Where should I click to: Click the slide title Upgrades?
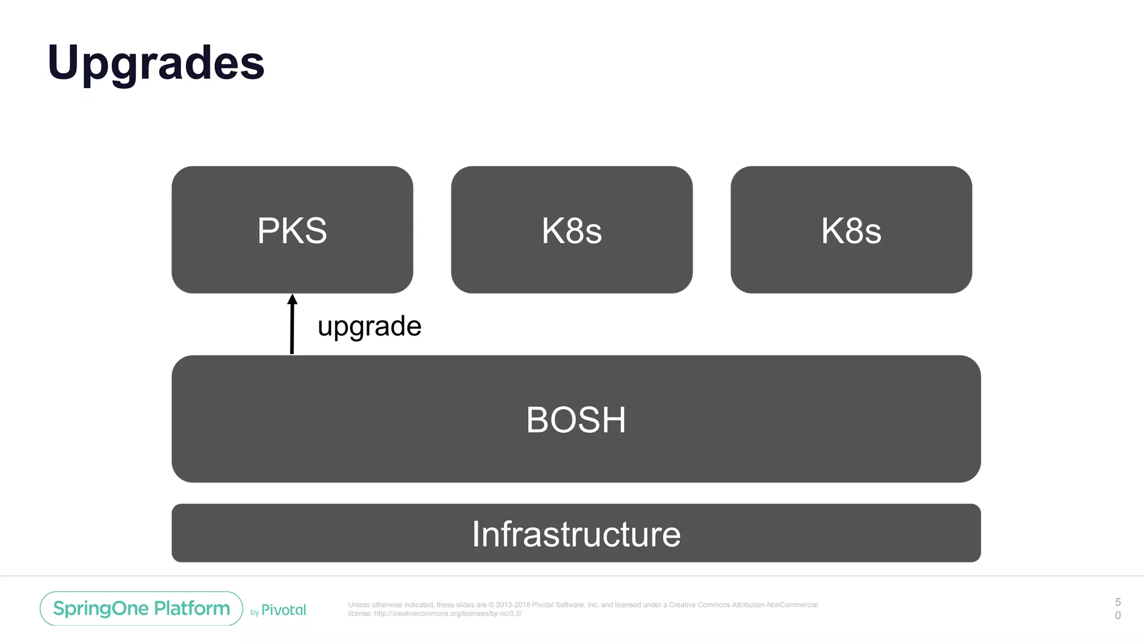pos(156,63)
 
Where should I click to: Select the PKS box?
pos(292,263)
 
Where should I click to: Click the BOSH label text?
pos(576,420)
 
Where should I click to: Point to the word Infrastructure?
pos(576,534)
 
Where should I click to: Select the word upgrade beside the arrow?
pos(369,326)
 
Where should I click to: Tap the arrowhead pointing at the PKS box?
pos(292,299)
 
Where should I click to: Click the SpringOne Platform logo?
pos(141,608)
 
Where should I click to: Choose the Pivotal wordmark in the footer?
pos(284,610)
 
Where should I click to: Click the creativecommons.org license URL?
pos(447,613)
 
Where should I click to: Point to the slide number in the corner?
pos(1118,609)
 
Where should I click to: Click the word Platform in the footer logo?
pos(192,608)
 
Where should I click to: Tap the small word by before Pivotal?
pos(255,613)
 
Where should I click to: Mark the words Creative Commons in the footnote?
pos(699,605)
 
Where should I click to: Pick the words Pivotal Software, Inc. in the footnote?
pos(565,605)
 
